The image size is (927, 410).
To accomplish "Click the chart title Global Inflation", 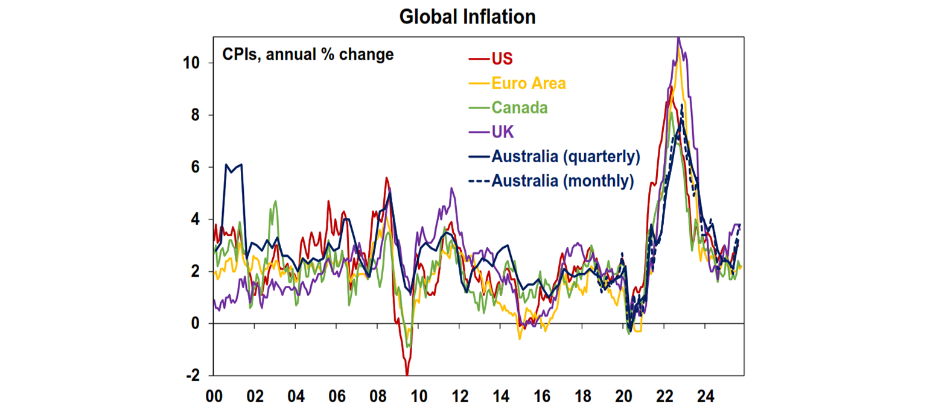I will tap(467, 17).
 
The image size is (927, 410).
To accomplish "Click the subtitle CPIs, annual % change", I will tap(308, 55).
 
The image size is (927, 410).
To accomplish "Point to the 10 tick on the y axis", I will tap(195, 63).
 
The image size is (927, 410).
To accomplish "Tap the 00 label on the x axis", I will tap(214, 397).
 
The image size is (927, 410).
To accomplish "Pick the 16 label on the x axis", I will tap(541, 397).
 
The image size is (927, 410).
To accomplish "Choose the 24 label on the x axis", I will tap(706, 397).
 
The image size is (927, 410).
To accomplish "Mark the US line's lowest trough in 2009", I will tap(407, 374).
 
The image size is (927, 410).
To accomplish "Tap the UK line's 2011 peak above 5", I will tap(451, 188).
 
